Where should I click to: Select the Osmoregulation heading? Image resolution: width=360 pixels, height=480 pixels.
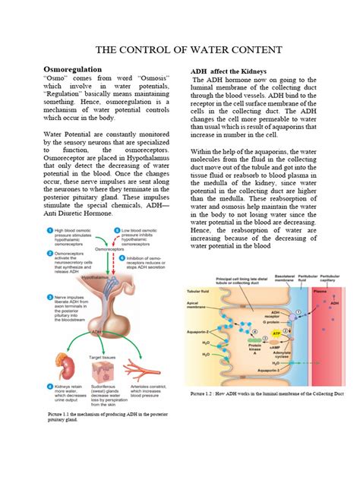point(72,69)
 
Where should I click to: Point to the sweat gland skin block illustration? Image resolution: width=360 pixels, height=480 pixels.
point(104,371)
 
